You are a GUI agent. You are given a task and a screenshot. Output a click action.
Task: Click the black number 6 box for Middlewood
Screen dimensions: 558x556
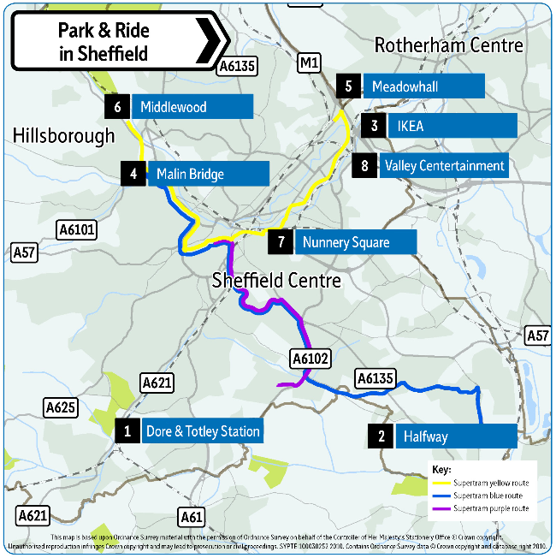(116, 107)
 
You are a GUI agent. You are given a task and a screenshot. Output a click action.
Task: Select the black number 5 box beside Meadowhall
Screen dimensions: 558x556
(348, 86)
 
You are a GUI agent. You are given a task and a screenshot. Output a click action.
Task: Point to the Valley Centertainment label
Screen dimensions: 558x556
(444, 165)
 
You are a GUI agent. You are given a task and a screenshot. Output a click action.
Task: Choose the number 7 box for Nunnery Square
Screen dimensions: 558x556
(281, 242)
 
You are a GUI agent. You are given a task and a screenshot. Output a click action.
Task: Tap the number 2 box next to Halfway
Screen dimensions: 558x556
(381, 436)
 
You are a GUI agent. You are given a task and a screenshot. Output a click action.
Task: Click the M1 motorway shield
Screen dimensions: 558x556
(308, 62)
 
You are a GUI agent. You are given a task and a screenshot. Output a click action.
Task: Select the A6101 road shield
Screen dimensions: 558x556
(77, 229)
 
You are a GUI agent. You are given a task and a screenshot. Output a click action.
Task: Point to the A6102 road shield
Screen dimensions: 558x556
(310, 359)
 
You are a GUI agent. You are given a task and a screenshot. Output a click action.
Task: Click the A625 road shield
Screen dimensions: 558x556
(60, 407)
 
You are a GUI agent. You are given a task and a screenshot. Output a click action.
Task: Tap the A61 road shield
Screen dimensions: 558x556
(192, 516)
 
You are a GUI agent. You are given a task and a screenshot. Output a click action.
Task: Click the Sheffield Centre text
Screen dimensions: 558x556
(276, 281)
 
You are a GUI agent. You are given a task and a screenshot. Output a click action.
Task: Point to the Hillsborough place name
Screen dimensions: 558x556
(63, 135)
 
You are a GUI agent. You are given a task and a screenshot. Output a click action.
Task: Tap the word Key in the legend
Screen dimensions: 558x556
(440, 470)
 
